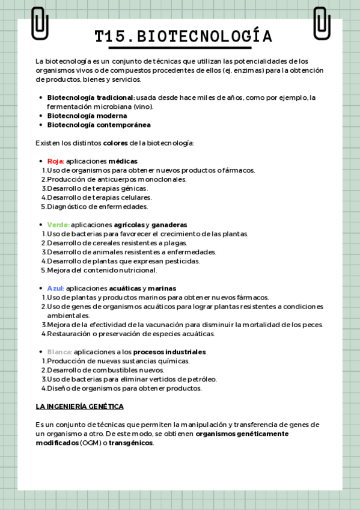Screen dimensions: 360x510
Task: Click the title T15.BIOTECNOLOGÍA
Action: tap(183, 37)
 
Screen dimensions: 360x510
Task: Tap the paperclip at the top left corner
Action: tap(40, 23)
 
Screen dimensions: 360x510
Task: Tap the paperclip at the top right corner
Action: tap(322, 23)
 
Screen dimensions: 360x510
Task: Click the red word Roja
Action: tap(55, 161)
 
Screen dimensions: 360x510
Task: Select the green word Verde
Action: tap(58, 225)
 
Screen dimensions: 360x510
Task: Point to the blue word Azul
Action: tap(55, 289)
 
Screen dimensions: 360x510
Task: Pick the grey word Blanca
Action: tap(59, 352)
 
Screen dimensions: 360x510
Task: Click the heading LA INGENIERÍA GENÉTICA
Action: tap(79, 407)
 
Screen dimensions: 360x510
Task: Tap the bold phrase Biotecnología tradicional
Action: tap(91, 97)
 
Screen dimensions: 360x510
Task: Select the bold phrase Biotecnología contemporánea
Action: tap(99, 125)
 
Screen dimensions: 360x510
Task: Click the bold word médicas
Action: tap(123, 161)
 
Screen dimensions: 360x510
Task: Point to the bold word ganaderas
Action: tap(169, 225)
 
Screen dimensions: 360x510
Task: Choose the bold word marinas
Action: tap(162, 289)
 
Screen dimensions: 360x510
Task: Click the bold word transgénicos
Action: tap(130, 443)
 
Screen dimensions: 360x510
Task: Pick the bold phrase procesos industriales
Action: tap(169, 352)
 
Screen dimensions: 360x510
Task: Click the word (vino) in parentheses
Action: tap(144, 106)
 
